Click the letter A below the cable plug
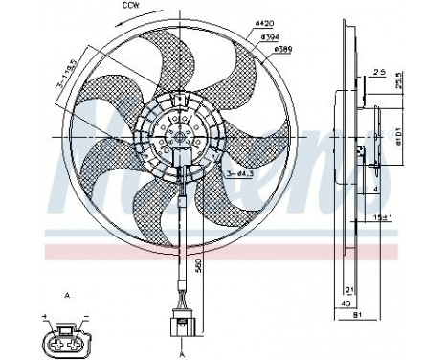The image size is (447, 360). (x=181, y=350)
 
